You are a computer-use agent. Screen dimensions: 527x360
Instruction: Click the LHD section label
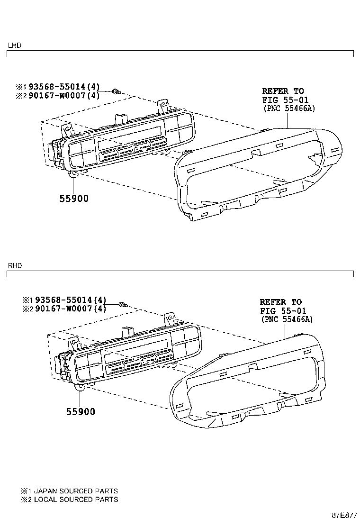14,45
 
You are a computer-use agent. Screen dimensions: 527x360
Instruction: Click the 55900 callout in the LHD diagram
74,199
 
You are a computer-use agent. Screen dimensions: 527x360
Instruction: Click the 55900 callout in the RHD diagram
81,412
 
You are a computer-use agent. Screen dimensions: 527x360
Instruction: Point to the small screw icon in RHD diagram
122,304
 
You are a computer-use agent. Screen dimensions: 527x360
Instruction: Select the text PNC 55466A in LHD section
289,108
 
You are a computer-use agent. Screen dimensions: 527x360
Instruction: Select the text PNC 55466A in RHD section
287,319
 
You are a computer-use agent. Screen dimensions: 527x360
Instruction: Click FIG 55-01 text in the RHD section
283,311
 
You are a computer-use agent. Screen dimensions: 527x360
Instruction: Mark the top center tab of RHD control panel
127,330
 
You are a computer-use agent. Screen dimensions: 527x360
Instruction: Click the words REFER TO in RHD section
280,302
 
